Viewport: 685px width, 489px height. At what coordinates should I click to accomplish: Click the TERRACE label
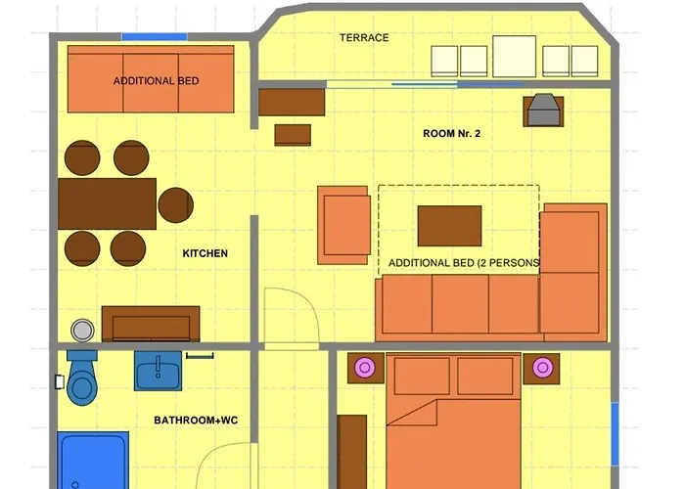[x=364, y=38]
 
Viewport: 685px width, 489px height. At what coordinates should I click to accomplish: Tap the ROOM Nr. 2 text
[x=451, y=134]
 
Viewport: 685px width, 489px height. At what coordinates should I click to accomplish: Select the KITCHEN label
[x=205, y=253]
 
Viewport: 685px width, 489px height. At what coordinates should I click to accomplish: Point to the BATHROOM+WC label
[x=196, y=421]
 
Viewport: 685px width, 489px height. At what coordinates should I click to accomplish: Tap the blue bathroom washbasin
[x=157, y=372]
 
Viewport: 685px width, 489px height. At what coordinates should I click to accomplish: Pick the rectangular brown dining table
[x=107, y=203]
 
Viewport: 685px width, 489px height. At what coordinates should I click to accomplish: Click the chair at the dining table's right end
[x=176, y=203]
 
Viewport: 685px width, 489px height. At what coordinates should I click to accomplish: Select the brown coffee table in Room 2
[x=449, y=225]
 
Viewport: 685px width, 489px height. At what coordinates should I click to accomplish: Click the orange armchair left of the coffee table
[x=343, y=225]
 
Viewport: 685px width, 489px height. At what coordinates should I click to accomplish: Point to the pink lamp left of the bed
[x=365, y=368]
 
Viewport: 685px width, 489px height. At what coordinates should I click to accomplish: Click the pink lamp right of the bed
[x=541, y=368]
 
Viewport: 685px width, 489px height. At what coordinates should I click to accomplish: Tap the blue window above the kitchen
[x=154, y=37]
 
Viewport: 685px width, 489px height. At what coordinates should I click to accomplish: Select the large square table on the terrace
[x=514, y=56]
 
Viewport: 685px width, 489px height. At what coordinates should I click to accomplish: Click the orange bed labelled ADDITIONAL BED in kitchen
[x=151, y=79]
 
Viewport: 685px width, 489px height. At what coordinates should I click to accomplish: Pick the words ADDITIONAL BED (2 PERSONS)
[x=464, y=263]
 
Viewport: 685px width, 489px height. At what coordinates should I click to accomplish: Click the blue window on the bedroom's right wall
[x=615, y=432]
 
